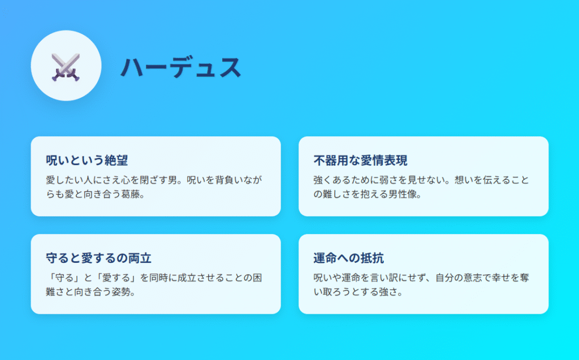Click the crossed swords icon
[x=66, y=67]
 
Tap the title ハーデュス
[x=181, y=67]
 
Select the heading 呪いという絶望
[x=87, y=161]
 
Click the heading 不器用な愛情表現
[x=360, y=161]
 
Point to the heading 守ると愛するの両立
[x=98, y=258]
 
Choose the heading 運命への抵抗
[x=348, y=258]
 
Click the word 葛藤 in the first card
[x=131, y=194]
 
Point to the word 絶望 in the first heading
[x=116, y=161]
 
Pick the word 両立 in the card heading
[x=140, y=258]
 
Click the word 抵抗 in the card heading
[x=372, y=258]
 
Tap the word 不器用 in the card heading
[x=331, y=161]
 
